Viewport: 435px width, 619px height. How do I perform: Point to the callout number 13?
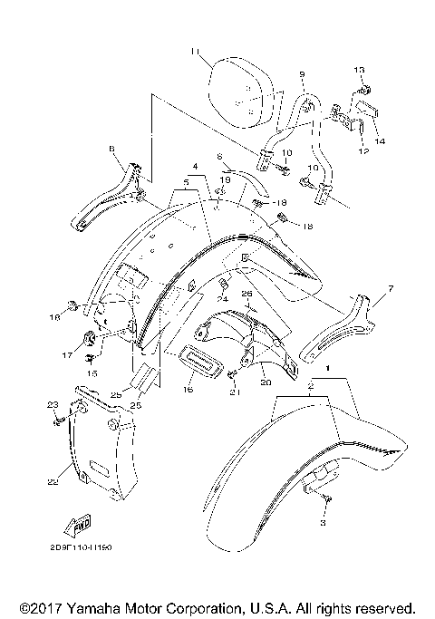tap(358, 70)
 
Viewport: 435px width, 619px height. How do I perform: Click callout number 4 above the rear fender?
tap(194, 167)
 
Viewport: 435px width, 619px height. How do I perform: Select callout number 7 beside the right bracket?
tap(391, 289)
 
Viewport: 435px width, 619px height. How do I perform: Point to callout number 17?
tap(66, 356)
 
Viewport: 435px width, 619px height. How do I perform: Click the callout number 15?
tap(91, 373)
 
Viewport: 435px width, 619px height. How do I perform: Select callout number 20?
tap(266, 383)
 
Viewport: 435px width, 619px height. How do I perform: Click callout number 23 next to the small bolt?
tap(52, 404)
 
